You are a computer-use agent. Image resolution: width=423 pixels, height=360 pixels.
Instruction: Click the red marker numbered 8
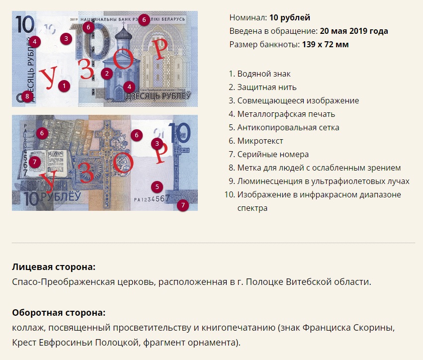coord(27,96)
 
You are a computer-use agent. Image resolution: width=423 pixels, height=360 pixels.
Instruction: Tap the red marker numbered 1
coord(64,86)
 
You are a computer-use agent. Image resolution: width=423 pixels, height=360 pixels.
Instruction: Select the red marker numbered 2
coord(107,74)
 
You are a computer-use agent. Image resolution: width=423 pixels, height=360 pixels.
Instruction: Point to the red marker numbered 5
coord(157,187)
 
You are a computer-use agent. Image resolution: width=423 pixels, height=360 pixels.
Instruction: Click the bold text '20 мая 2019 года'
coord(354,31)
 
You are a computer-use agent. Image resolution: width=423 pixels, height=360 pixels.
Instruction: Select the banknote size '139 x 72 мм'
coord(326,44)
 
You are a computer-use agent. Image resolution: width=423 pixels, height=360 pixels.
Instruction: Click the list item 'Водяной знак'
coord(264,74)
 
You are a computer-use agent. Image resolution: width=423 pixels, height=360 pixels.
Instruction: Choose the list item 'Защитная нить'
coord(267,87)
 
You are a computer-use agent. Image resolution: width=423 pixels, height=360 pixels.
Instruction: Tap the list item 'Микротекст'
coord(260,141)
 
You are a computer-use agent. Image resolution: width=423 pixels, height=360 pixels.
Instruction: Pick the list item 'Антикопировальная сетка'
coord(288,127)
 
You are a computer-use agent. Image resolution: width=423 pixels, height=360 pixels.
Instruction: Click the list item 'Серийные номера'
coord(273,154)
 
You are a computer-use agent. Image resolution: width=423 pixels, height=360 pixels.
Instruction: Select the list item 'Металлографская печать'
coord(286,114)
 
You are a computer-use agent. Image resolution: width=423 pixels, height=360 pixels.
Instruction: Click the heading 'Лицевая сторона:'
coord(54,267)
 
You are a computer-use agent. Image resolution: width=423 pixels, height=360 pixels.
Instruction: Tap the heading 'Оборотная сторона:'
coord(59,313)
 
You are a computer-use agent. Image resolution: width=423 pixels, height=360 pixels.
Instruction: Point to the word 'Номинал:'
coord(248,17)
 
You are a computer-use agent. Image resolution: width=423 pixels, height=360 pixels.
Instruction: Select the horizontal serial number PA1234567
coord(152,199)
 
